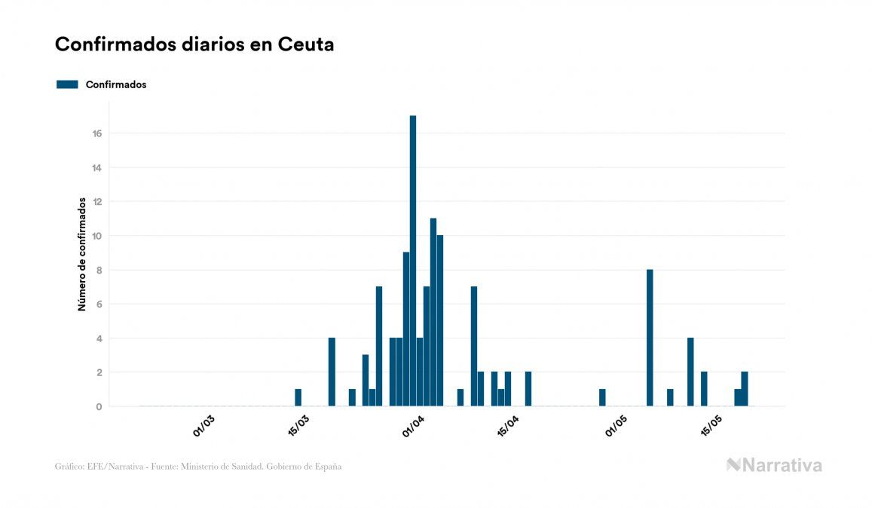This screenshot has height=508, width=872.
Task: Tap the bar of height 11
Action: pyautogui.click(x=433, y=312)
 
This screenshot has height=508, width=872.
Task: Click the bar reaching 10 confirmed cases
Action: pyautogui.click(x=440, y=320)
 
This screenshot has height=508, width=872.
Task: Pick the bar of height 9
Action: pyautogui.click(x=406, y=329)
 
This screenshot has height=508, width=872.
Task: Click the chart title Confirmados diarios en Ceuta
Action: pyautogui.click(x=194, y=44)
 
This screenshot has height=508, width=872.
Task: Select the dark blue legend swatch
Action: pyautogui.click(x=67, y=84)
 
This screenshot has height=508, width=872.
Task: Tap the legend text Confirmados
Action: pyautogui.click(x=116, y=84)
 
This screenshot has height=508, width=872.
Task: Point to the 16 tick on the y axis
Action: pyautogui.click(x=97, y=133)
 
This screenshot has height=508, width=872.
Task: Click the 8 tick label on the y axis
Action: pyautogui.click(x=98, y=270)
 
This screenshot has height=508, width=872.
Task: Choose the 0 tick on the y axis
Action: pyautogui.click(x=98, y=407)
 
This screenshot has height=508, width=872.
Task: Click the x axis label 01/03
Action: pyautogui.click(x=204, y=425)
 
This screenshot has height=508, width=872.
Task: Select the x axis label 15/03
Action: pyautogui.click(x=299, y=425)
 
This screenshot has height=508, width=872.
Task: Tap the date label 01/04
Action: pyautogui.click(x=414, y=427)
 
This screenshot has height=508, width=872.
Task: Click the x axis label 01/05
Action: pyautogui.click(x=616, y=427)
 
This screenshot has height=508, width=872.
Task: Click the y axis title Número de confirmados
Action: pyautogui.click(x=81, y=255)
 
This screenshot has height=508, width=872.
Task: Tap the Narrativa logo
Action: pyautogui.click(x=774, y=465)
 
